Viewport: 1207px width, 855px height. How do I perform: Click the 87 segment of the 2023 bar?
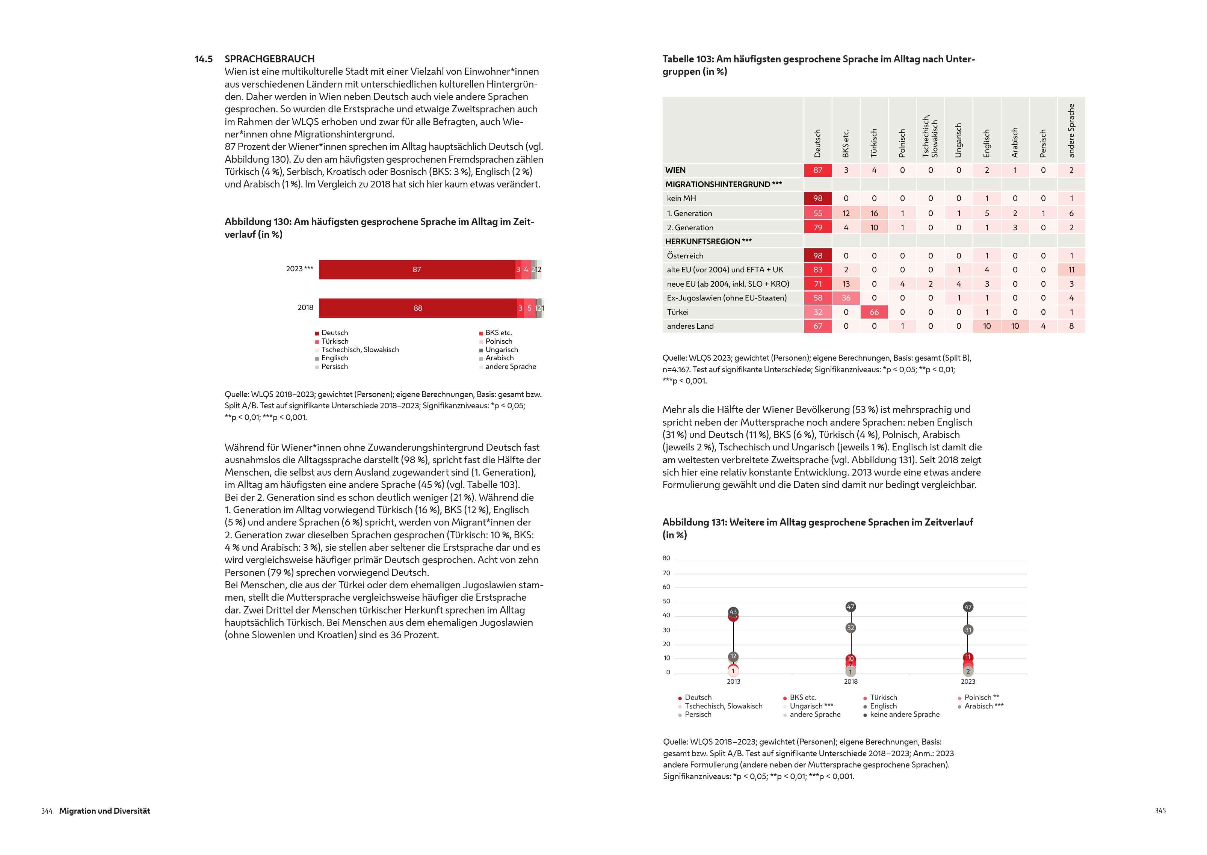click(x=417, y=270)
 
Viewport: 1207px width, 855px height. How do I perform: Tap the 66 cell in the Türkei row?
click(x=874, y=312)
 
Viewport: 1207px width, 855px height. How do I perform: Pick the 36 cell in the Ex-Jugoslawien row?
click(x=846, y=298)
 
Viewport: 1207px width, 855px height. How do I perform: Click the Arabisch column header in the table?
click(x=1015, y=142)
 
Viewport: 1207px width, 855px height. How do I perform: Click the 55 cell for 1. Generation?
click(x=817, y=213)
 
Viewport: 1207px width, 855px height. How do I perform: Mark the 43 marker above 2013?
click(x=733, y=612)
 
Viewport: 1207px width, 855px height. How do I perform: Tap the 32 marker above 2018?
click(x=850, y=628)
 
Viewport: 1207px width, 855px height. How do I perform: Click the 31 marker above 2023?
click(x=968, y=630)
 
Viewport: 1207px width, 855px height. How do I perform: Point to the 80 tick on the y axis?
click(x=666, y=558)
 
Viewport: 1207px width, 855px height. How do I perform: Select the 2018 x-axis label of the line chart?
click(x=850, y=682)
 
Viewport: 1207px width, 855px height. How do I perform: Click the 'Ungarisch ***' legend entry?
click(x=811, y=706)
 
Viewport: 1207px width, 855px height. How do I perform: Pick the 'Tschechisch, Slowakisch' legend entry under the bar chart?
click(x=360, y=350)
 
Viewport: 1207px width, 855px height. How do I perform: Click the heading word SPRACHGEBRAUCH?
click(x=269, y=59)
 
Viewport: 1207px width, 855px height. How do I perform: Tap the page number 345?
click(x=1160, y=811)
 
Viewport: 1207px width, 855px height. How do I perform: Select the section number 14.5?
click(x=204, y=59)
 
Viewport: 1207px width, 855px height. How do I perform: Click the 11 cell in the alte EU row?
click(x=1071, y=270)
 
